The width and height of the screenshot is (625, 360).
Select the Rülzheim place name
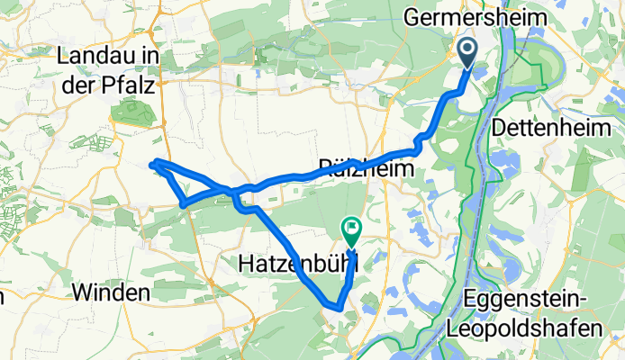[x=367, y=167]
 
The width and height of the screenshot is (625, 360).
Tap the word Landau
[x=96, y=56]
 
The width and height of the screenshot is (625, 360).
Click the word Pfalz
[x=131, y=85]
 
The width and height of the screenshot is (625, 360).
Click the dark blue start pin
[x=468, y=52]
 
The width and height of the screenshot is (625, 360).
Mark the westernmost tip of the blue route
[x=149, y=164]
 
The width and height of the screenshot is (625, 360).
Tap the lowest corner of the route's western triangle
[x=183, y=205]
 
